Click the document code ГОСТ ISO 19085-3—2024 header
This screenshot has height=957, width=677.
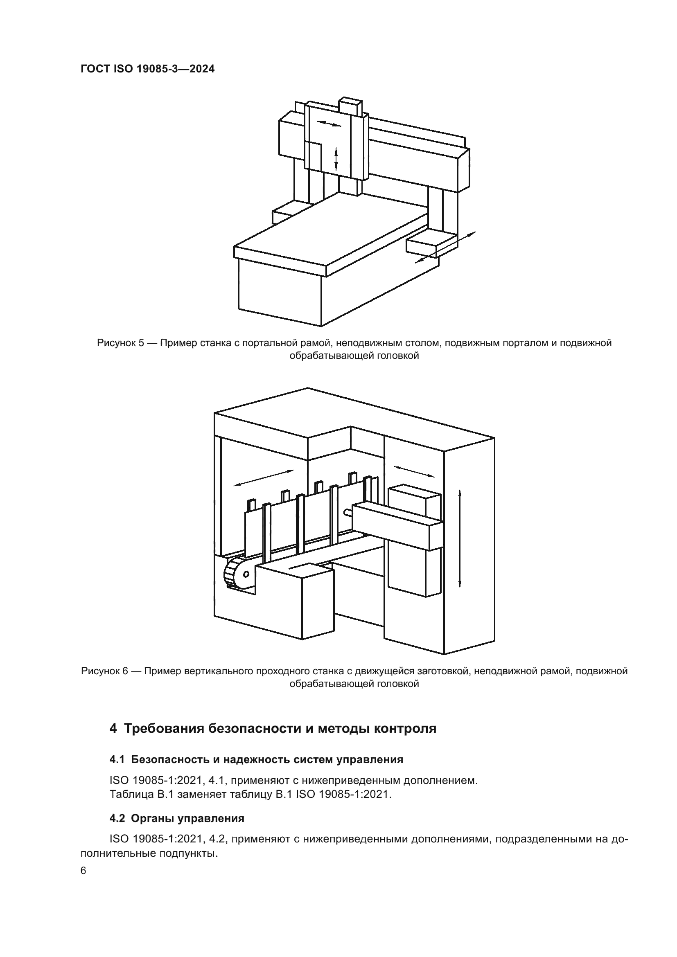pyautogui.click(x=148, y=69)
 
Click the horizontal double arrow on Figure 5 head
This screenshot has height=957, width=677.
pyautogui.click(x=329, y=124)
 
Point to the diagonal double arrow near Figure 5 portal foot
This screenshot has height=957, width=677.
pyautogui.click(x=445, y=247)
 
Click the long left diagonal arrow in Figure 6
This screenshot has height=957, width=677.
pyautogui.click(x=264, y=477)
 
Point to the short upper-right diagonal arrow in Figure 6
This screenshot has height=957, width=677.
pyautogui.click(x=414, y=471)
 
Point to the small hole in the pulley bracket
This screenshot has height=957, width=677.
pyautogui.click(x=246, y=574)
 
